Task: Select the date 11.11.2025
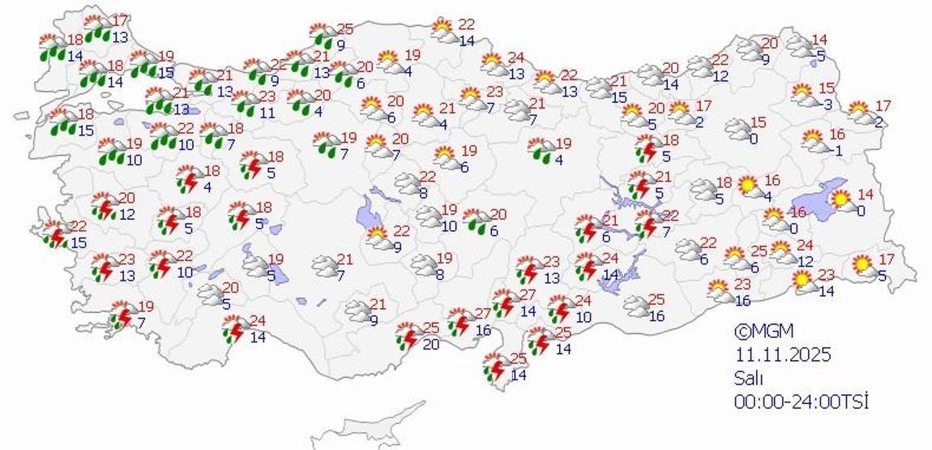[784, 354]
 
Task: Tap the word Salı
[749, 378]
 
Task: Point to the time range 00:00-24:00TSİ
[801, 401]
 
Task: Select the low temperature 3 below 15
[827, 104]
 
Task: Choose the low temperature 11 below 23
[267, 113]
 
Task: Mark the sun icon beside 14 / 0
[844, 199]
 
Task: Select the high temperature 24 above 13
[515, 58]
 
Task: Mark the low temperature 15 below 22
[79, 242]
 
